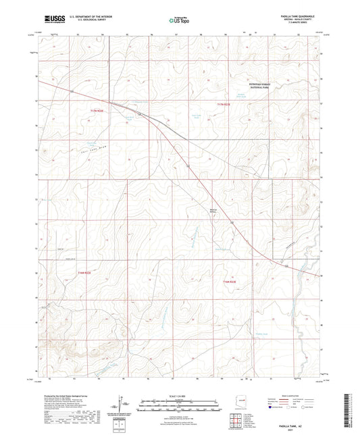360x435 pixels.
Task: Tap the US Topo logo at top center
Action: tap(178, 21)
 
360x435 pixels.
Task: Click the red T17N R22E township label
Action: tap(99, 110)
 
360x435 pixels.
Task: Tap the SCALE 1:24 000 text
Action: tap(179, 395)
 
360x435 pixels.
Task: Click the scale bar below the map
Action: tap(179, 405)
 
